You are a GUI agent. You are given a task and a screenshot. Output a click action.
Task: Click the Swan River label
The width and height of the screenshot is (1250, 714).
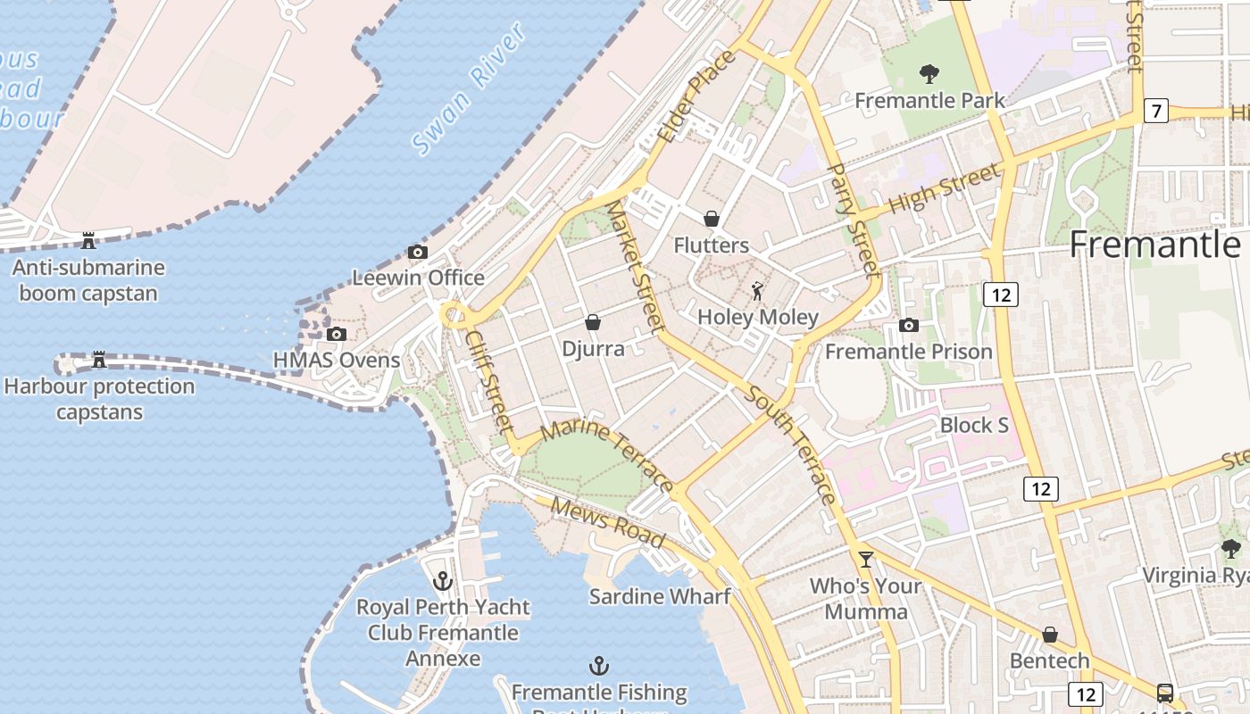pyautogui.click(x=469, y=88)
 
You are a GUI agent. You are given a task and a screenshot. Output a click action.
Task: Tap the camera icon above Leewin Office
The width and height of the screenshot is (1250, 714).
pyautogui.click(x=417, y=253)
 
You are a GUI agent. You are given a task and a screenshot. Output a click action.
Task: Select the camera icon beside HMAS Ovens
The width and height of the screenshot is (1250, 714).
pyautogui.click(x=337, y=335)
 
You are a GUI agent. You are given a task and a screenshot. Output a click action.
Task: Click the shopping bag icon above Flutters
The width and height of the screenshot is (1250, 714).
pyautogui.click(x=712, y=219)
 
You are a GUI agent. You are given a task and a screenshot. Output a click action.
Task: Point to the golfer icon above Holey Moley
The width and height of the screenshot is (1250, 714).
pyautogui.click(x=758, y=291)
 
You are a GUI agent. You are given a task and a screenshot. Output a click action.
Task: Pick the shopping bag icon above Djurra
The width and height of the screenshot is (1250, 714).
pyautogui.click(x=593, y=322)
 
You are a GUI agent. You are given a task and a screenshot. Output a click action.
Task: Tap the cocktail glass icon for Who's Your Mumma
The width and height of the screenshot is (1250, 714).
pyautogui.click(x=865, y=560)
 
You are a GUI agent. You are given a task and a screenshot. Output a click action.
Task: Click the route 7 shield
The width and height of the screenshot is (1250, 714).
pyautogui.click(x=1156, y=112)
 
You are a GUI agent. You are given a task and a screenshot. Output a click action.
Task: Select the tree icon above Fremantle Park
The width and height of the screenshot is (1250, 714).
pyautogui.click(x=929, y=74)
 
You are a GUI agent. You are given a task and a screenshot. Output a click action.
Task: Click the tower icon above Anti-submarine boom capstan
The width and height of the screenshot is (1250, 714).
pyautogui.click(x=88, y=240)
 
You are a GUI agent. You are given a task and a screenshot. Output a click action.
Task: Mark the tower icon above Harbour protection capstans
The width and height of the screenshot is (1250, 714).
pyautogui.click(x=99, y=360)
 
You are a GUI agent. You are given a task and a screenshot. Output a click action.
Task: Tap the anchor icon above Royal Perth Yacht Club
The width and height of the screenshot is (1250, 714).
pyautogui.click(x=443, y=581)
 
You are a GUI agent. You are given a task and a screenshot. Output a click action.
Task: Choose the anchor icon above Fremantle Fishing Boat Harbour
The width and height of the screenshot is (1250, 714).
pyautogui.click(x=599, y=666)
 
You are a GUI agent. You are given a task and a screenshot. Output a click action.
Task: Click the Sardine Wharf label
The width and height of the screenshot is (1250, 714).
pyautogui.click(x=660, y=596)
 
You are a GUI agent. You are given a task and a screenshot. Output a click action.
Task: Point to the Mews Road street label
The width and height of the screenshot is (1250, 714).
pyautogui.click(x=607, y=522)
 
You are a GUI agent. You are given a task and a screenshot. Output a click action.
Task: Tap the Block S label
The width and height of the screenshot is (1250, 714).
pyautogui.click(x=974, y=425)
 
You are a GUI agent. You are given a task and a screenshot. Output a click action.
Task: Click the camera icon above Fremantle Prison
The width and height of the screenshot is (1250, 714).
pyautogui.click(x=909, y=326)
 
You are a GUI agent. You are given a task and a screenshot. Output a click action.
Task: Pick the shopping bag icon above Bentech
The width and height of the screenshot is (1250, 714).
pyautogui.click(x=1050, y=635)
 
